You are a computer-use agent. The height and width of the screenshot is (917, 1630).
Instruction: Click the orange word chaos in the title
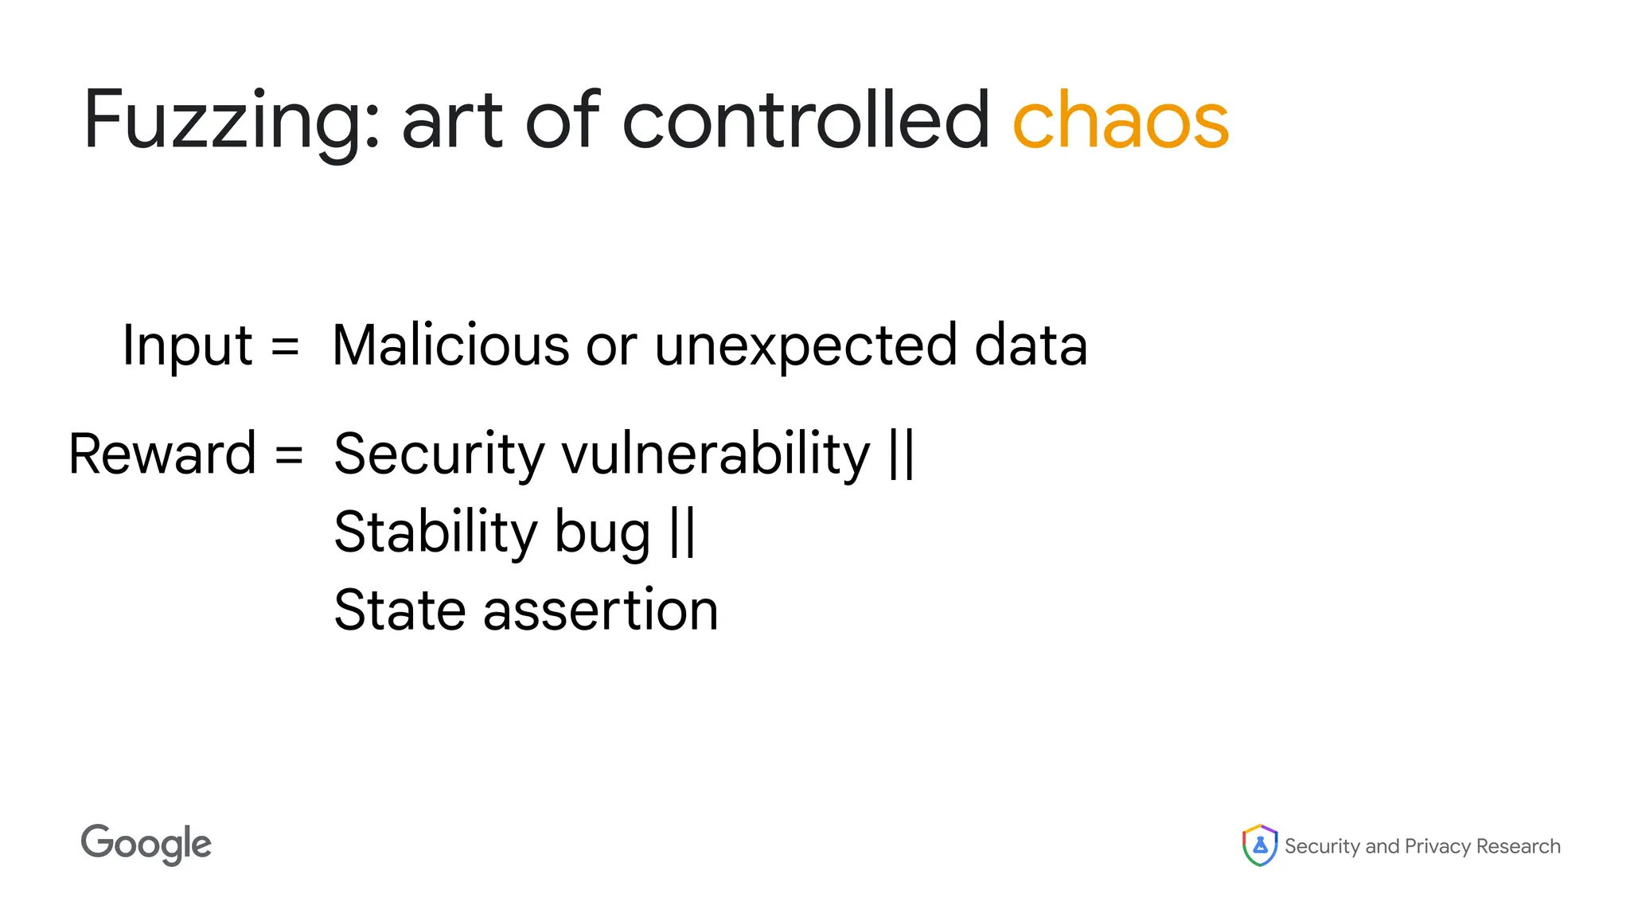coord(1121,121)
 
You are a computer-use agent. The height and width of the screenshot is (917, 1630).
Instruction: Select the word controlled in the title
coord(805,121)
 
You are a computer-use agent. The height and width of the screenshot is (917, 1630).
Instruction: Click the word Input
coord(187,347)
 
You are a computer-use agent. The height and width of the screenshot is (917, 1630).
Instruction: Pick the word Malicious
coord(450,345)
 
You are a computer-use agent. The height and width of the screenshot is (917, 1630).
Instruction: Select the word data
coord(1031,345)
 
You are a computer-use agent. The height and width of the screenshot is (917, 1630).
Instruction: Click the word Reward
coord(162,454)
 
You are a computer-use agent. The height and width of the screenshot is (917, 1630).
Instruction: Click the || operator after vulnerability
coord(902,454)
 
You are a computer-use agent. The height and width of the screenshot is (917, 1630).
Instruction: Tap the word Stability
coord(435,532)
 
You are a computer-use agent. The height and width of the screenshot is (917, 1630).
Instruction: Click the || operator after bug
coord(683,532)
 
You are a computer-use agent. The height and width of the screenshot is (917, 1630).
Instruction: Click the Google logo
coord(146,845)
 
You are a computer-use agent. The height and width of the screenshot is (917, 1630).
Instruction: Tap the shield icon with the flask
coord(1259,845)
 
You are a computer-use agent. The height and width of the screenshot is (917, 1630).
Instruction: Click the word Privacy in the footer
coord(1437,846)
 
